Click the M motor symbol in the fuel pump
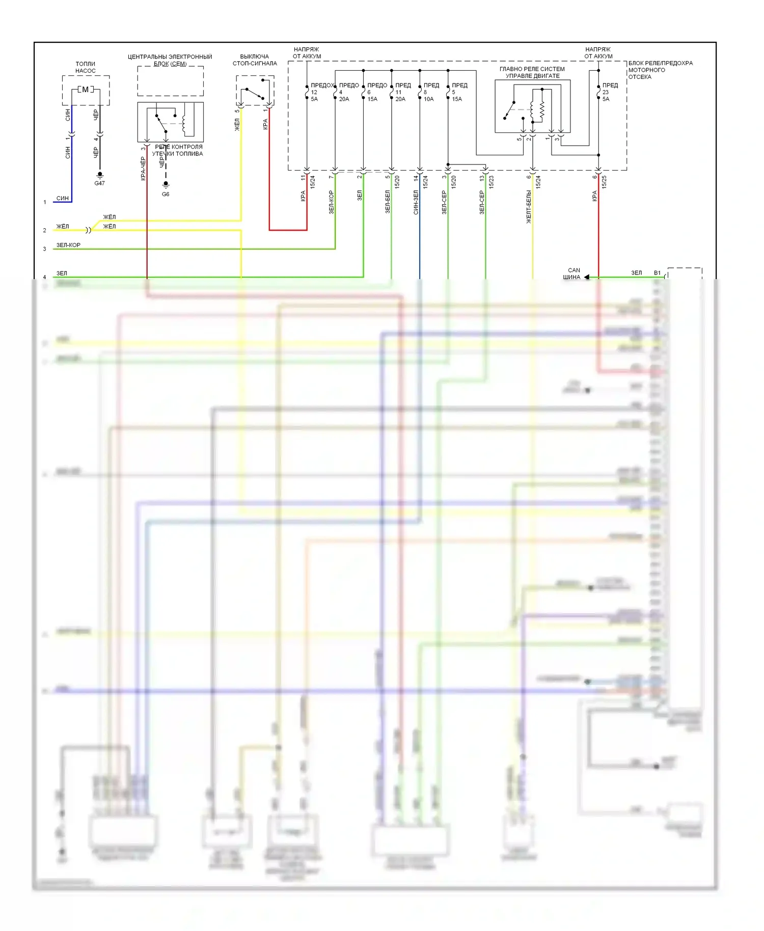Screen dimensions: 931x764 pyautogui.click(x=85, y=90)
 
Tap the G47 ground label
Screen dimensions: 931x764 pyautogui.click(x=99, y=183)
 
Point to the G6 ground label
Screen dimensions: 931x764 pyautogui.click(x=166, y=194)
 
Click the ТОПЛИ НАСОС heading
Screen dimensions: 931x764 pyautogui.click(x=86, y=67)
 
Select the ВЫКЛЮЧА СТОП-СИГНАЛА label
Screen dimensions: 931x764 pyautogui.click(x=255, y=60)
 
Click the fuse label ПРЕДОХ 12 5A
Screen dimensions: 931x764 pyautogui.click(x=321, y=92)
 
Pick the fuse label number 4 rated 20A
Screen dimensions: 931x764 pyautogui.click(x=348, y=92)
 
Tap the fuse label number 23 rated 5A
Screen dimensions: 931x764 pyautogui.click(x=610, y=92)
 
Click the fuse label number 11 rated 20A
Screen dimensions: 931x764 pyautogui.click(x=402, y=92)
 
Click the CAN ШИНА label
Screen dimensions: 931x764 pyautogui.click(x=572, y=274)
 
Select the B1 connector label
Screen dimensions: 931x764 pyautogui.click(x=657, y=273)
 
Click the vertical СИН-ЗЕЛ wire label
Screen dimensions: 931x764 pyautogui.click(x=416, y=202)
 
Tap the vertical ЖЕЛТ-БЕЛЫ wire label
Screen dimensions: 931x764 pyautogui.click(x=529, y=207)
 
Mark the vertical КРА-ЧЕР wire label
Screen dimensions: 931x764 pyautogui.click(x=143, y=168)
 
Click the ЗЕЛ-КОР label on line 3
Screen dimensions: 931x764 pyautogui.click(x=68, y=245)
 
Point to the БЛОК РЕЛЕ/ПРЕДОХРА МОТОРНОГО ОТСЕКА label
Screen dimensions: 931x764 pyautogui.click(x=660, y=70)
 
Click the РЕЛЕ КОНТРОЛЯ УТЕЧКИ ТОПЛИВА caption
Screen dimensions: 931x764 pyautogui.click(x=178, y=150)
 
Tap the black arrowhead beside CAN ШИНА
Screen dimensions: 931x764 pyautogui.click(x=587, y=277)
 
